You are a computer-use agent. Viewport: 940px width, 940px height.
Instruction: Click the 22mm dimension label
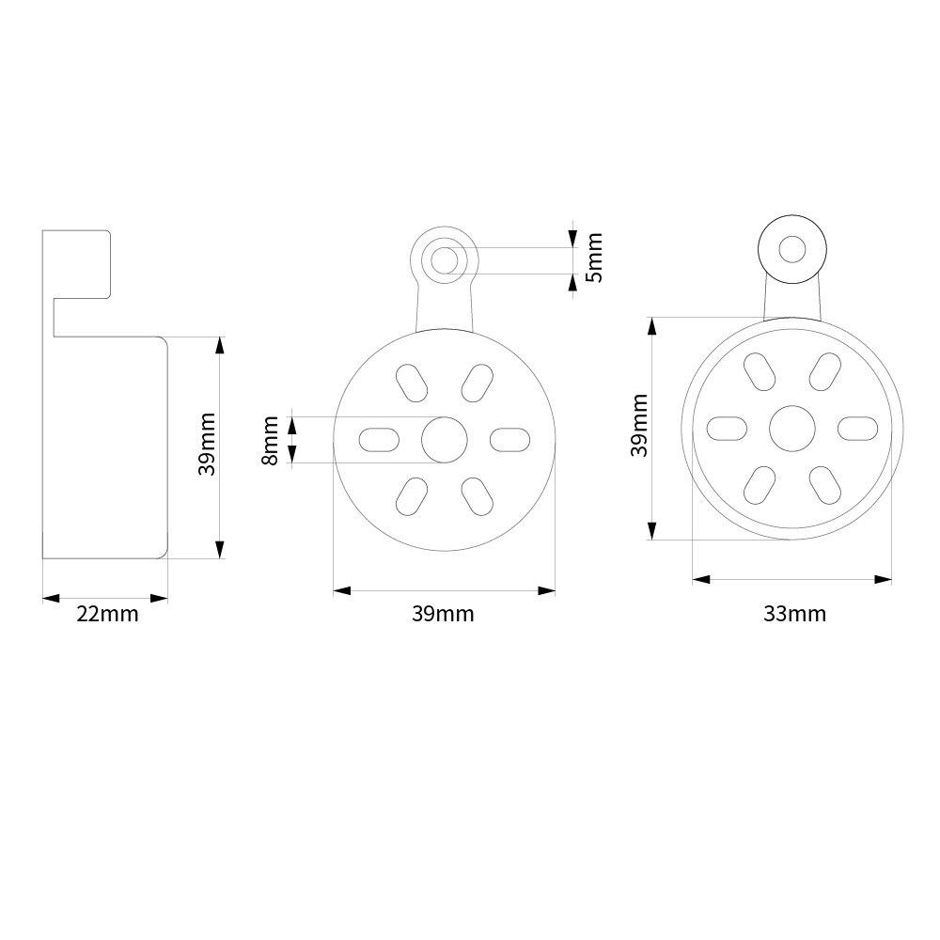tap(107, 615)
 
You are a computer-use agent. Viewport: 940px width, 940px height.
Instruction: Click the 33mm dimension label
tap(794, 615)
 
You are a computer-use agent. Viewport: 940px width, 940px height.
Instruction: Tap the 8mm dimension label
tap(271, 440)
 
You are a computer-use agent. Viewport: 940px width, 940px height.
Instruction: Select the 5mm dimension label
tap(594, 256)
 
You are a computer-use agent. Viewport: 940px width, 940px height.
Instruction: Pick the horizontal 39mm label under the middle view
tap(443, 615)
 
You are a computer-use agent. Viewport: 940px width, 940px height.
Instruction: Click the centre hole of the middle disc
tap(444, 439)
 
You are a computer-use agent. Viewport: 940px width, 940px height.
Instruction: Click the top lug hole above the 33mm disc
tap(791, 249)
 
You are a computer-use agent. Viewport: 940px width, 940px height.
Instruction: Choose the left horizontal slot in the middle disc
tap(380, 439)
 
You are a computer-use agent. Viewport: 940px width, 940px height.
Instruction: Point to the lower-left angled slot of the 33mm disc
tap(760, 483)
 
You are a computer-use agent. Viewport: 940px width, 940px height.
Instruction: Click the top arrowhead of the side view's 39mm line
tap(220, 343)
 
